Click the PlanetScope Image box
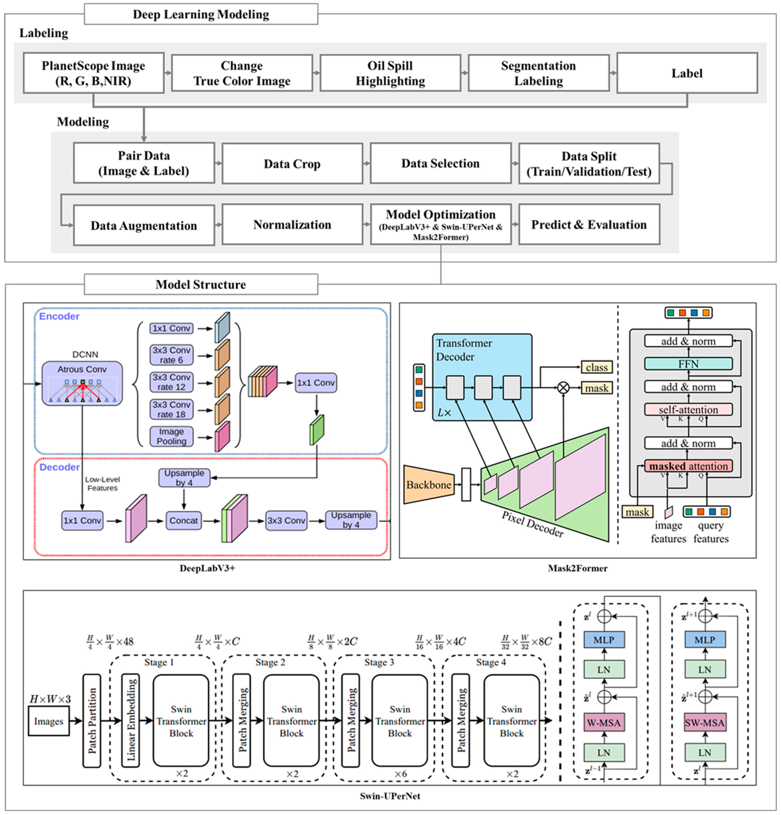(x=94, y=73)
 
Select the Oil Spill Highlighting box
(x=390, y=73)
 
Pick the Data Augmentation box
(x=144, y=225)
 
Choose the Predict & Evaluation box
(x=589, y=224)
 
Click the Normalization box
(x=292, y=224)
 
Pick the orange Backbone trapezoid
(x=428, y=485)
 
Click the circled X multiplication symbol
(x=563, y=388)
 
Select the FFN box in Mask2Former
(x=688, y=364)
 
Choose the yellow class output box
(x=596, y=367)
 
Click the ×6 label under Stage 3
(x=401, y=774)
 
